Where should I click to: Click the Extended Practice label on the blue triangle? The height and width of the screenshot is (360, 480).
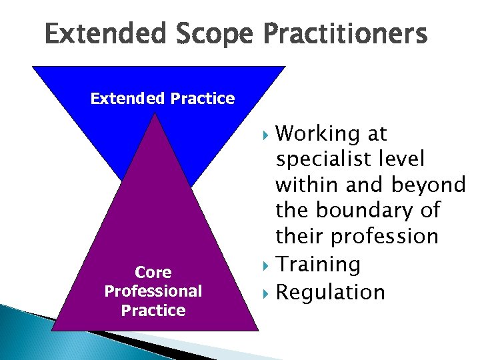(163, 99)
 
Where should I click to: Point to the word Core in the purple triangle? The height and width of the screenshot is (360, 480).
(153, 272)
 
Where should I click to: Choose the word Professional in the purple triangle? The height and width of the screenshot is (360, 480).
(153, 291)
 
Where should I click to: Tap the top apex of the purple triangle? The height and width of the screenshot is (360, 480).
(155, 114)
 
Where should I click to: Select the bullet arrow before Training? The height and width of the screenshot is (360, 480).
(268, 265)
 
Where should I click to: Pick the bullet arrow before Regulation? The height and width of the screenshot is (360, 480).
(268, 292)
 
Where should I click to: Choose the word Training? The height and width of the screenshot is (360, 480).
(318, 265)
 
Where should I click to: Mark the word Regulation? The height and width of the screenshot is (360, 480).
(331, 291)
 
